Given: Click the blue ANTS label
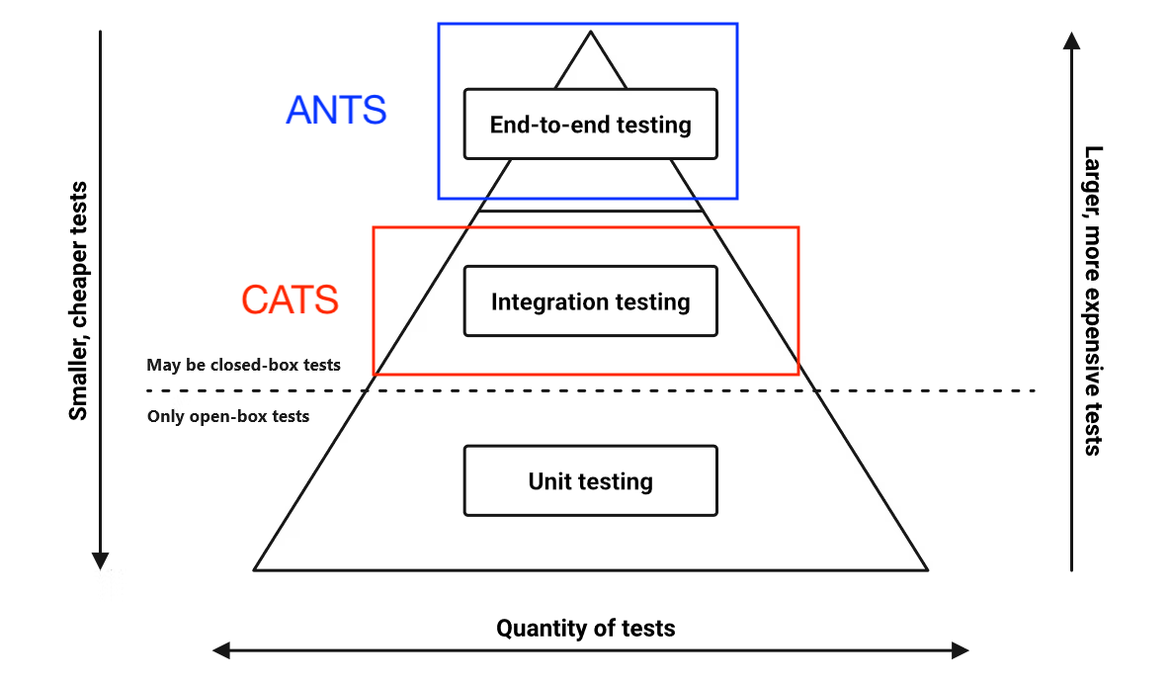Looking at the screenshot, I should pos(336,110).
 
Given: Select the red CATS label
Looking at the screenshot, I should pos(290,299).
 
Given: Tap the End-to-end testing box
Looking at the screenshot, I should pos(590,125).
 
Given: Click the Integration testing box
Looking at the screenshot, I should pos(590,301).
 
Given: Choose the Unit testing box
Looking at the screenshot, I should pos(590,481).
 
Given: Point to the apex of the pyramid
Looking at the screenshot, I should pos(591,33).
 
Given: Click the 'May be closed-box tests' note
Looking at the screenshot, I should pos(243,365).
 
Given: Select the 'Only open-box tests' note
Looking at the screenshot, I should pos(228,416).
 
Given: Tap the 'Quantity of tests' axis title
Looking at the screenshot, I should pos(586,628).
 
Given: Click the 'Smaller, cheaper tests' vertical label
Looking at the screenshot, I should pos(78,300).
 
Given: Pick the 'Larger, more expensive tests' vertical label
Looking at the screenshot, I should pos(1092,300).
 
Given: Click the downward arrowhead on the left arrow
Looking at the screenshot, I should pos(100,561).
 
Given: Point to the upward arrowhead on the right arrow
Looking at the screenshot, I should pos(1071,40).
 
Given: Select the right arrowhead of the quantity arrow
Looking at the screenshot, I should pos(960,650).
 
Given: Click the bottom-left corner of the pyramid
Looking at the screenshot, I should pos(255,569).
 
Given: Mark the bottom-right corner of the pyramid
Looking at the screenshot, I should pos(927,569).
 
